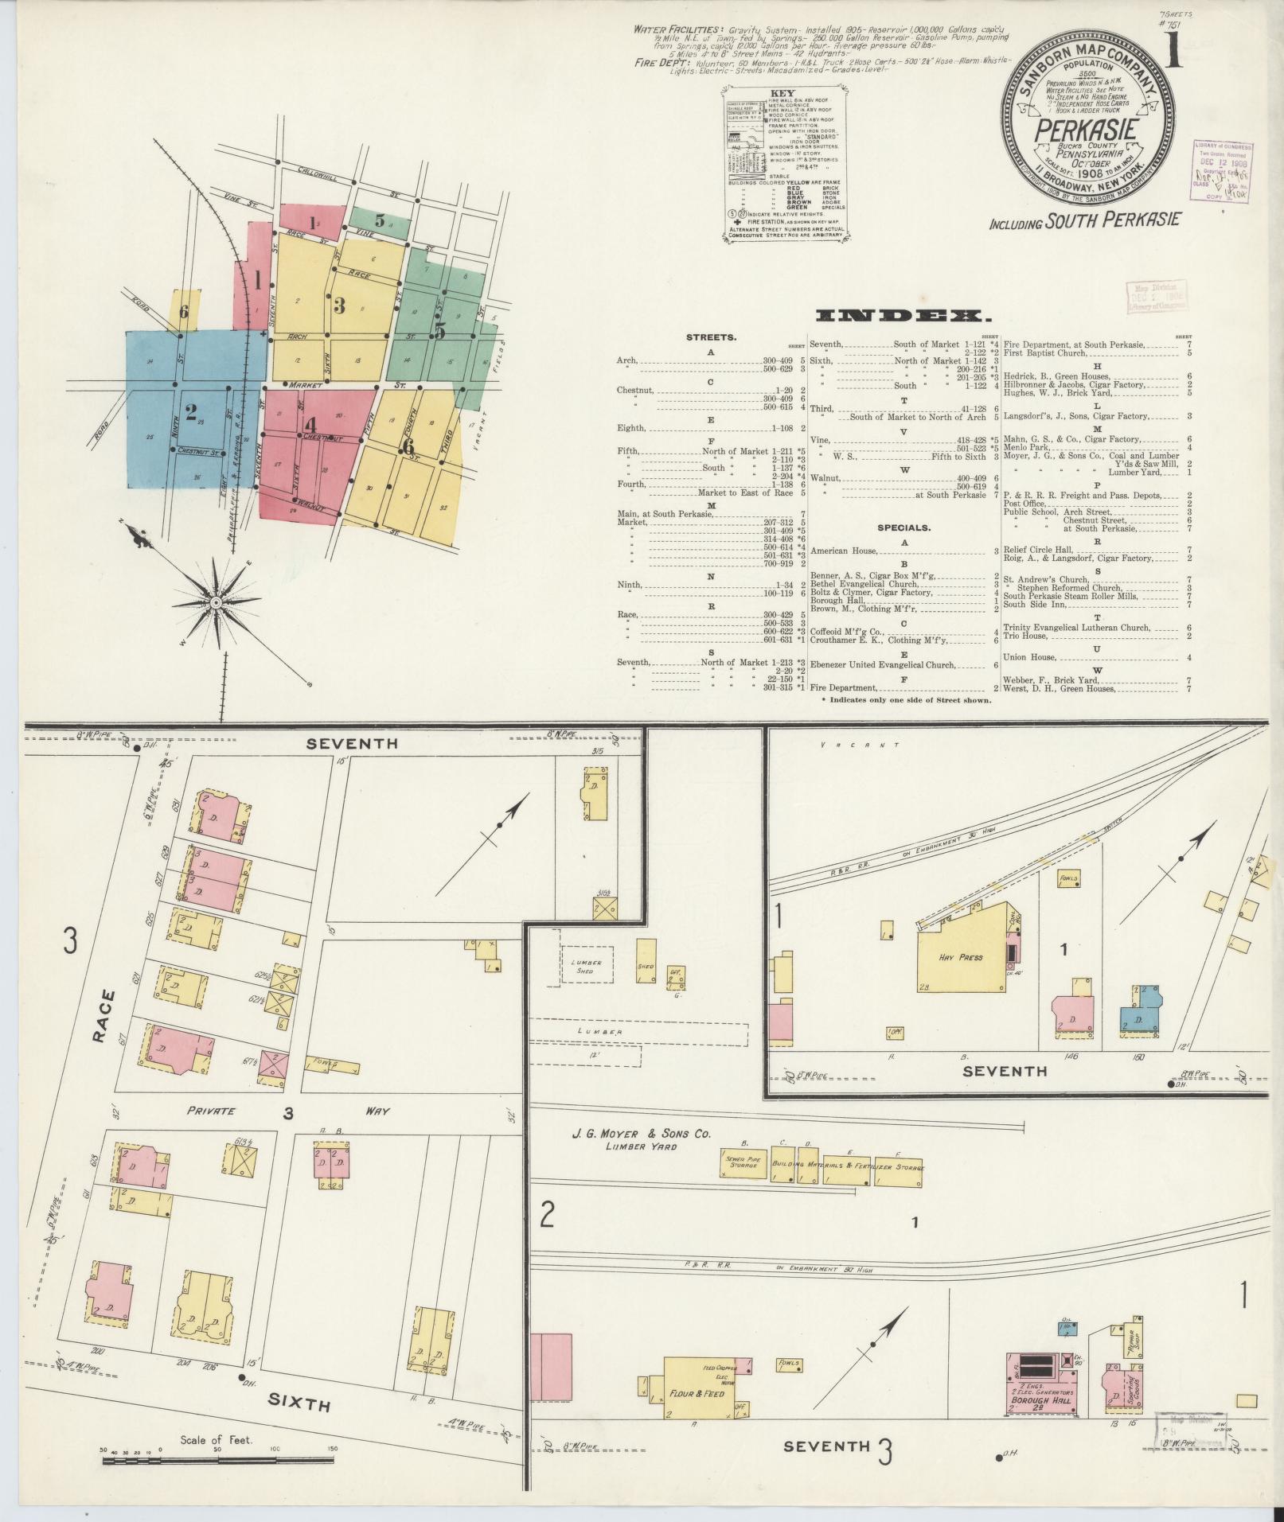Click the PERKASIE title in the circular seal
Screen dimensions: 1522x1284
tap(1089, 128)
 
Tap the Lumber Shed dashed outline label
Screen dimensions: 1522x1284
tap(585, 966)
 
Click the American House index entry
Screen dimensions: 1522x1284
tap(845, 551)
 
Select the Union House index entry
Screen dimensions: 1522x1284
tap(1030, 657)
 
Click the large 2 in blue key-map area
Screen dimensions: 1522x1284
tap(191, 412)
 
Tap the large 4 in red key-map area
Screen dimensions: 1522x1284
tap(310, 425)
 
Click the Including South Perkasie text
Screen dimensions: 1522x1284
tap(1084, 221)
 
